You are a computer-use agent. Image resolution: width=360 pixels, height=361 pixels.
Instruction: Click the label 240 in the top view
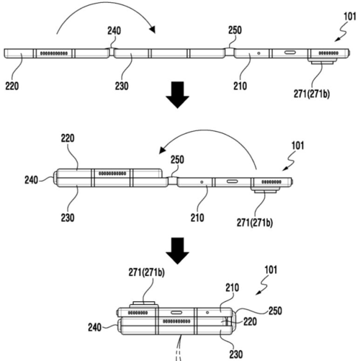coord(114,31)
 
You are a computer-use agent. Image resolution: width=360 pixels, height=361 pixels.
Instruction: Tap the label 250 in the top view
coord(235,30)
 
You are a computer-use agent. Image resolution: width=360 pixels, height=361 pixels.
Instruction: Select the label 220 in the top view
coord(12,86)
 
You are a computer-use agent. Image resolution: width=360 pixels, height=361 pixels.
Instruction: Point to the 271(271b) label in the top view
coord(312,94)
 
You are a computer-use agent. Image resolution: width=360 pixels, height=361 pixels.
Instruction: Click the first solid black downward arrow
coord(177,95)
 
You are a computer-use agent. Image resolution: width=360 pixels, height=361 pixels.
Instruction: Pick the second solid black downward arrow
coord(177,251)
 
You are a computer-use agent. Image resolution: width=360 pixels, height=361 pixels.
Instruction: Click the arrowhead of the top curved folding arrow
coord(153,30)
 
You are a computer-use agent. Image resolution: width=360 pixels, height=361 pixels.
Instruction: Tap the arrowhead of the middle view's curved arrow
coord(163,151)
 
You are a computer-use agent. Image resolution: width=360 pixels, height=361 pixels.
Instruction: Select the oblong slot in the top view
coord(289,53)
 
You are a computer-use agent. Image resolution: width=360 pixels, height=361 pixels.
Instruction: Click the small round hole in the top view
coord(258,53)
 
